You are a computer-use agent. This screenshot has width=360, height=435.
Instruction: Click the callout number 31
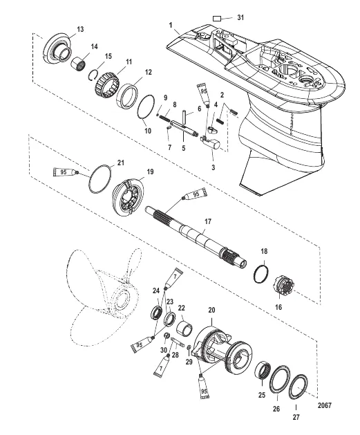click(x=240, y=16)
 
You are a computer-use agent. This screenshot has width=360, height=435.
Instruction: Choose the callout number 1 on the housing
click(x=169, y=25)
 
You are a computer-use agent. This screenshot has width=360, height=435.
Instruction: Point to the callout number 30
click(x=164, y=350)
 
